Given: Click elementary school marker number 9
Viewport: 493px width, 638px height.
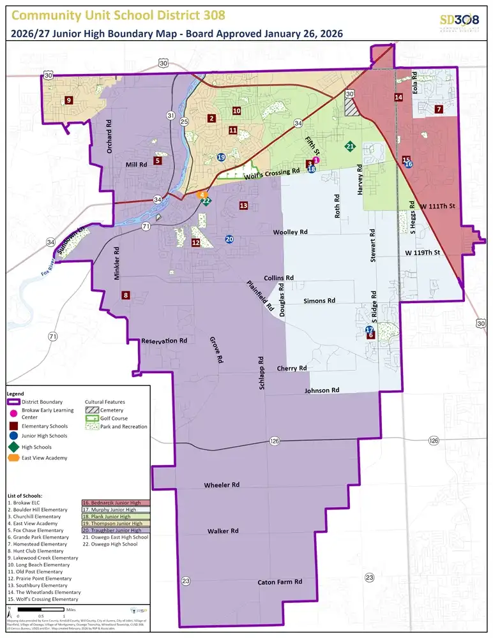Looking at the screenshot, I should click(68, 100).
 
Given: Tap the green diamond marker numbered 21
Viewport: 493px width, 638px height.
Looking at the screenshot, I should click(350, 147).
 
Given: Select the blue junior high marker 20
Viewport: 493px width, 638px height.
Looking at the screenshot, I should click(229, 239).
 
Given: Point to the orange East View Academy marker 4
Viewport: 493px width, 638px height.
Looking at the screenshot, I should click(202, 195).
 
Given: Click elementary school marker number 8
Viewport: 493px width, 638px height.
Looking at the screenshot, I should click(126, 295).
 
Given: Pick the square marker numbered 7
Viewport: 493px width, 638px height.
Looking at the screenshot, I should click(439, 109).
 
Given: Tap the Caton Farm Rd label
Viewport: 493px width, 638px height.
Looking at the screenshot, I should click(280, 582).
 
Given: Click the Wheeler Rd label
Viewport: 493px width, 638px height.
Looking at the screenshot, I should click(222, 486).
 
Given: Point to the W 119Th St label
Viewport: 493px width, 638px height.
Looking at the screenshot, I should click(423, 253).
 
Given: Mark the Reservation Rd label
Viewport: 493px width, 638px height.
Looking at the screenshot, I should click(164, 341).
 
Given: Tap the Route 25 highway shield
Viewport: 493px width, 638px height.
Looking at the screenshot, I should click(184, 121).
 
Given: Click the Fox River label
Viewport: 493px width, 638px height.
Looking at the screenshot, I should click(45, 273).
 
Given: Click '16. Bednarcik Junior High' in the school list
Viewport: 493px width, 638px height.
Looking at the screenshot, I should click(115, 503).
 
